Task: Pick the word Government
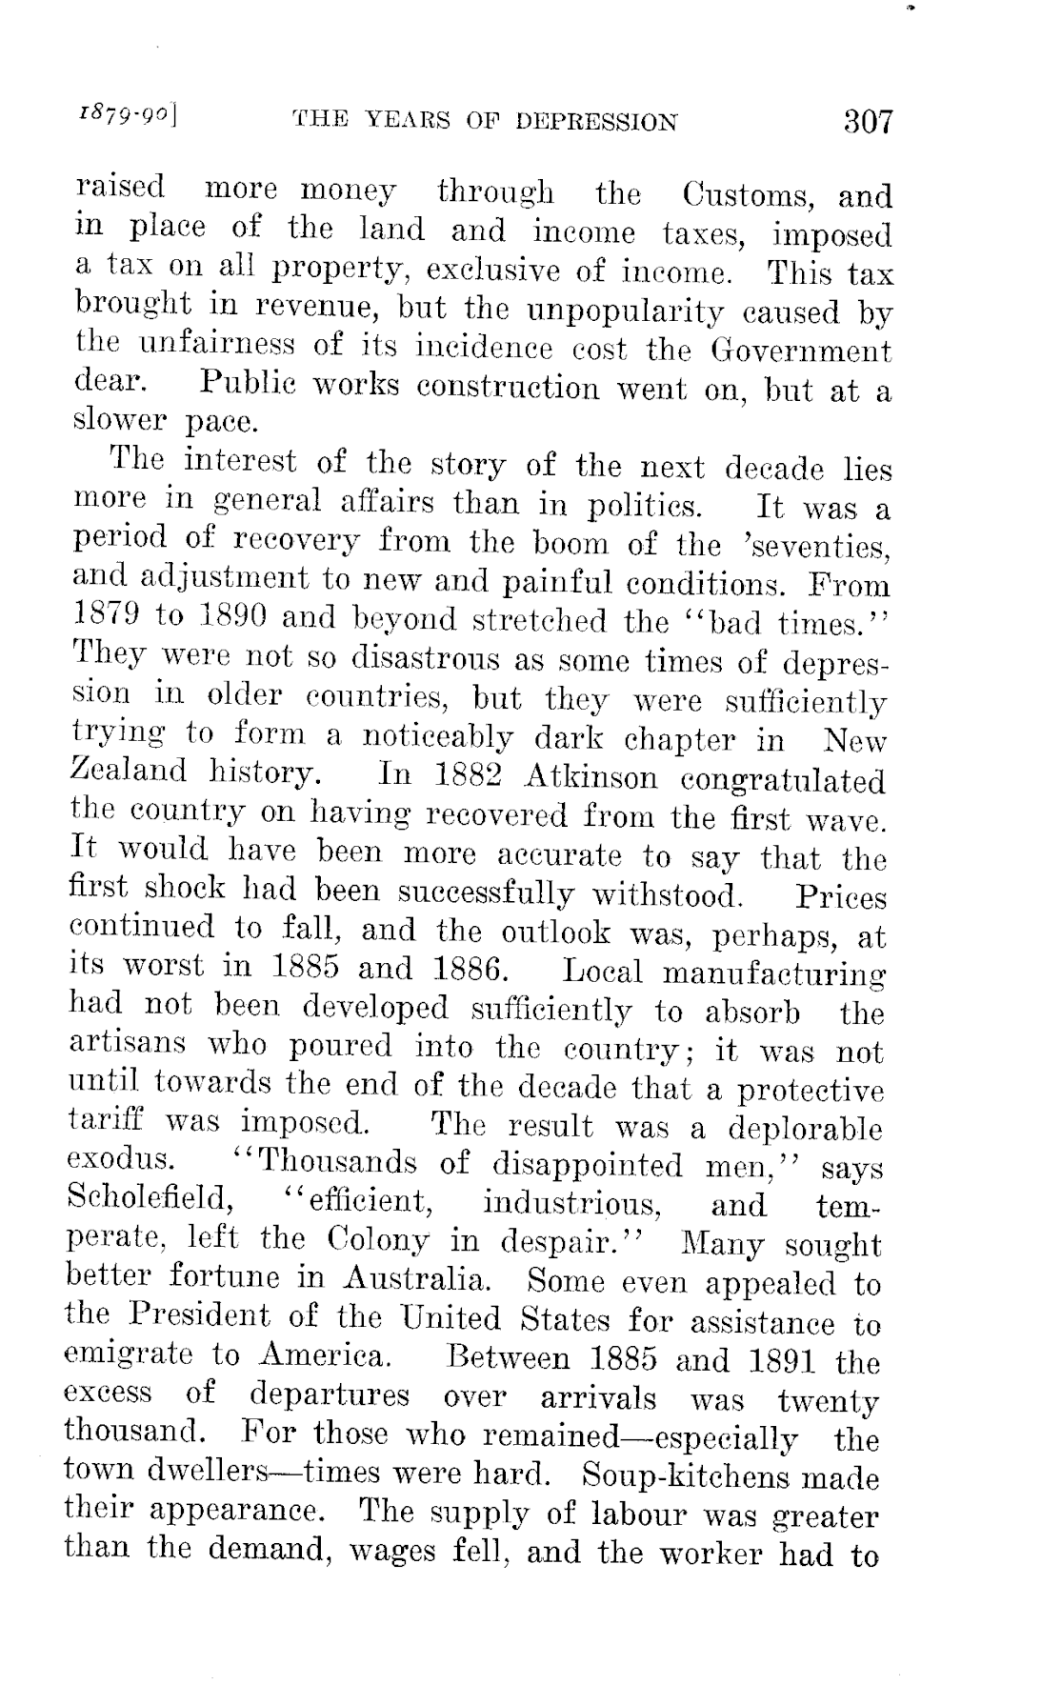point(800,351)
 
